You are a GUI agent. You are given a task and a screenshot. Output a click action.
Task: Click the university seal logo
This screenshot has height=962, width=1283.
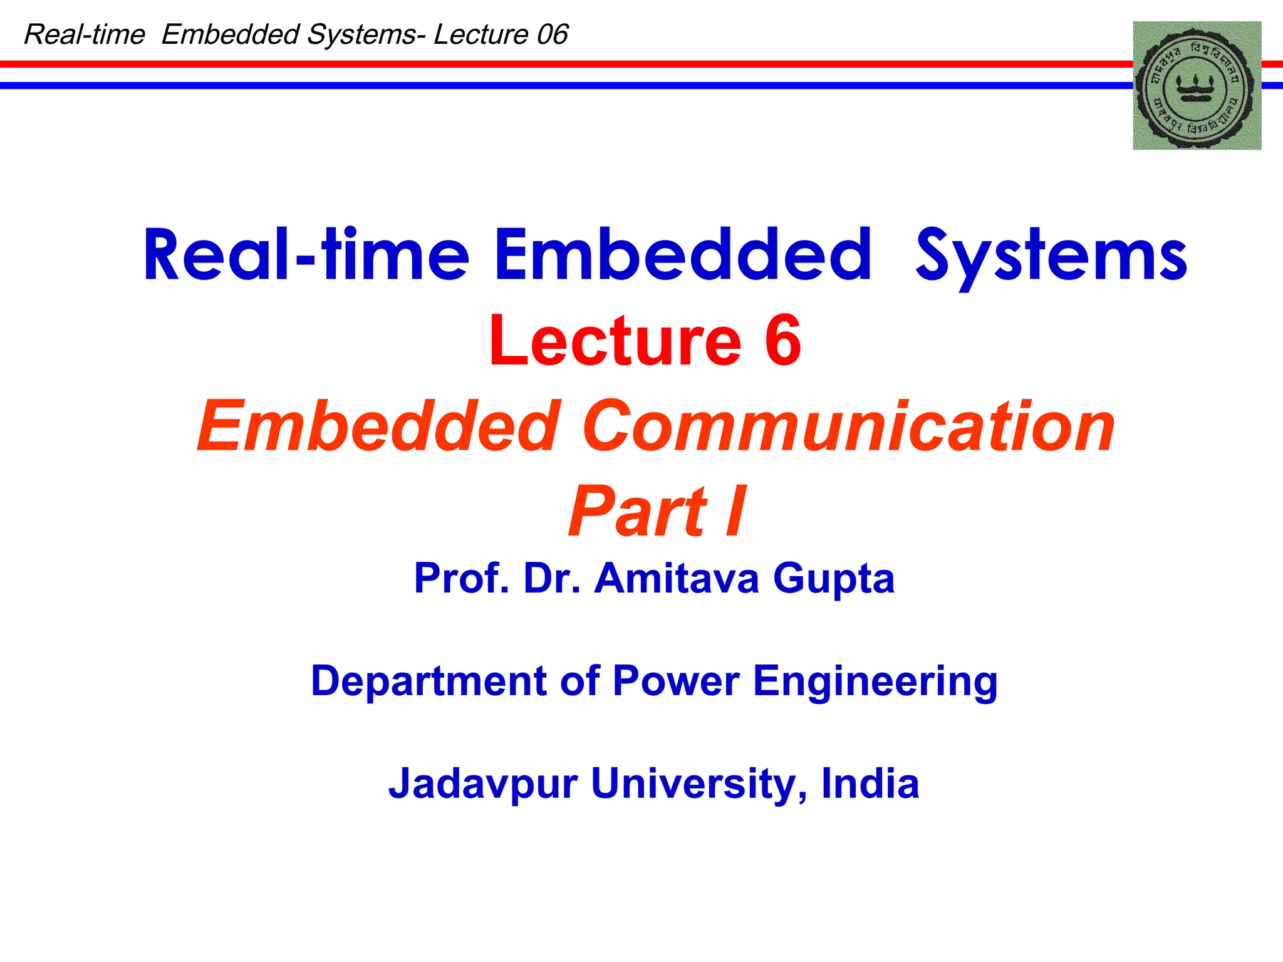[x=1197, y=86]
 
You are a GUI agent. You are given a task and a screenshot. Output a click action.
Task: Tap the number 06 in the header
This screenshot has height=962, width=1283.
[x=552, y=34]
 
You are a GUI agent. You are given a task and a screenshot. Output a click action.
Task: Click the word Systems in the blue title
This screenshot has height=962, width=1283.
[x=1051, y=256]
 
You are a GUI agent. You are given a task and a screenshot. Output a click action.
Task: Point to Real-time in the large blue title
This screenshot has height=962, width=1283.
[x=306, y=256]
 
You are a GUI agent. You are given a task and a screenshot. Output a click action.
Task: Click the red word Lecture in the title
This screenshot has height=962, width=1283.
[x=615, y=341]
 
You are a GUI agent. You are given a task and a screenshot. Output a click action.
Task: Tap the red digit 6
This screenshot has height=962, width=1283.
[x=782, y=341]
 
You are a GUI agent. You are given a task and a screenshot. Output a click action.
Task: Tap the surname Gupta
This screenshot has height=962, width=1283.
[x=833, y=579]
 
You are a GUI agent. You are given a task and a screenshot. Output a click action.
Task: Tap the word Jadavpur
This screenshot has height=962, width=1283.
[x=482, y=784]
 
